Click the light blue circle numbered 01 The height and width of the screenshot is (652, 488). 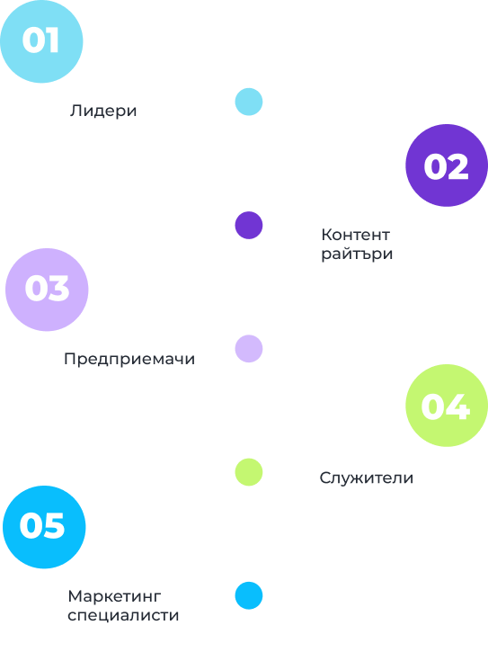41,41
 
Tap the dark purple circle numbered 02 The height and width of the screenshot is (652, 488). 447,165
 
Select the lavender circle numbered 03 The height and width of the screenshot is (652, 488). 47,290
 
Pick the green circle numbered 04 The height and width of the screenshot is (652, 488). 447,406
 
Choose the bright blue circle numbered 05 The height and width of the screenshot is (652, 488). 44,527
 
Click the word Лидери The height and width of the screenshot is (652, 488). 103,111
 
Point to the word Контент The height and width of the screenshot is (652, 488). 355,235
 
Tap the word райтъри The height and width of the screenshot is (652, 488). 357,255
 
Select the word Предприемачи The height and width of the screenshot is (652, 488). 129,359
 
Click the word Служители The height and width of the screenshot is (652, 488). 366,478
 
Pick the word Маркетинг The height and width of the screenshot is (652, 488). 114,596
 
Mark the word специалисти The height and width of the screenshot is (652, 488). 123,616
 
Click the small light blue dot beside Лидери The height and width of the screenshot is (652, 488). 249,102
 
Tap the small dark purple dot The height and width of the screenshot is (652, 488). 249,225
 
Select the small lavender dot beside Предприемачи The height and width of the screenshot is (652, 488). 249,348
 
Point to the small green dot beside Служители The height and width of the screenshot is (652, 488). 249,472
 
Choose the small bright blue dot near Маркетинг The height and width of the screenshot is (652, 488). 249,595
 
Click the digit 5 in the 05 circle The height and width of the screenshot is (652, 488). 55,525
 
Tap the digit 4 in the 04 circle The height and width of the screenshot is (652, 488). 458,406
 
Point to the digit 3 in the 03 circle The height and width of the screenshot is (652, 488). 58,288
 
